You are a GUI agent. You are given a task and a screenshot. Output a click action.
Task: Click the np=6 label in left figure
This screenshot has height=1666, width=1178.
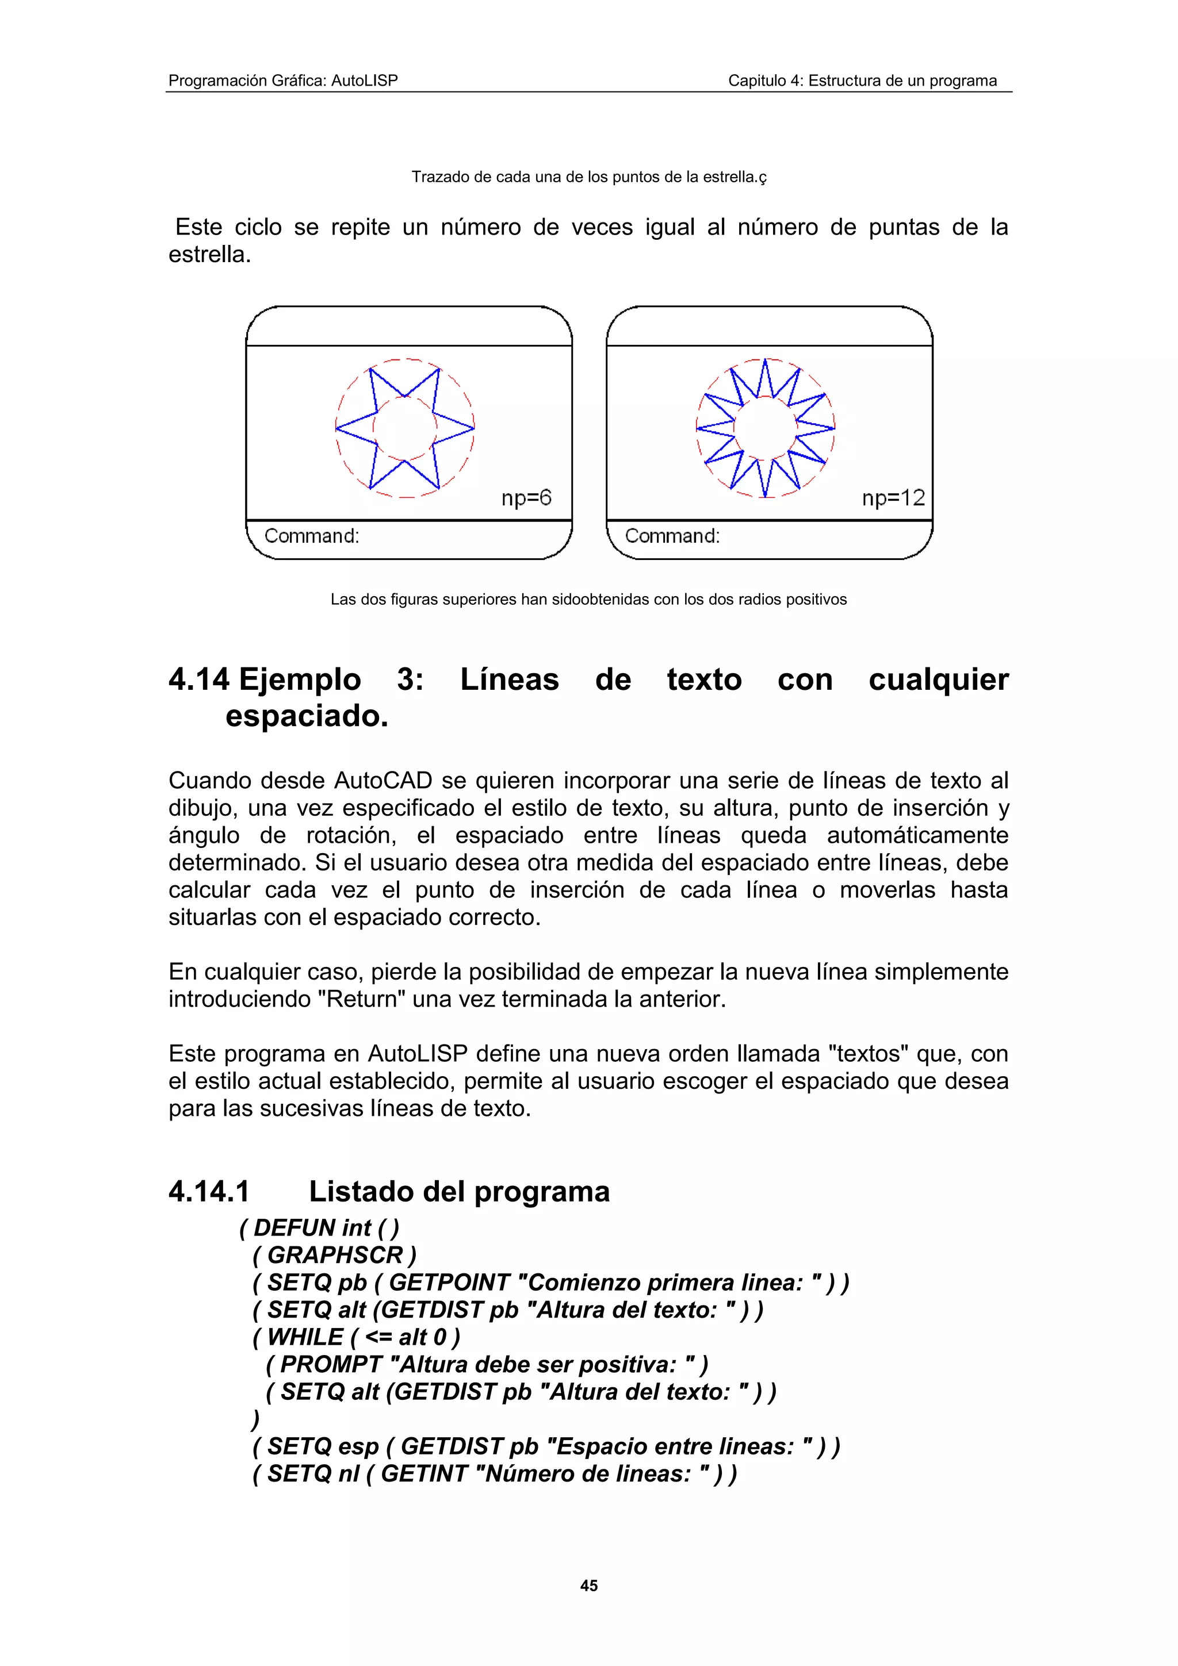click(x=526, y=498)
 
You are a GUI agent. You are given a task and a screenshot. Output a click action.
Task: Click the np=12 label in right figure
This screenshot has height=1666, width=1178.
click(x=893, y=498)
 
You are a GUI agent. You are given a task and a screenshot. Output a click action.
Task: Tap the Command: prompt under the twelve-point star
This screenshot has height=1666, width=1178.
click(x=672, y=536)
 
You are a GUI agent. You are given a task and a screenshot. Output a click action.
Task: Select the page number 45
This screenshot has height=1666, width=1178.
click(x=588, y=1586)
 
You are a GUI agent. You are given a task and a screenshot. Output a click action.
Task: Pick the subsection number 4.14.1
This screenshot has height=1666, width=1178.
click(x=209, y=1192)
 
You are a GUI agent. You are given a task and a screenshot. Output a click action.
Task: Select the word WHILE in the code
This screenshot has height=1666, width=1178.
click(x=305, y=1337)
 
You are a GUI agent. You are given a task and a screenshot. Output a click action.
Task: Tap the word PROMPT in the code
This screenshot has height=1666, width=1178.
click(x=331, y=1365)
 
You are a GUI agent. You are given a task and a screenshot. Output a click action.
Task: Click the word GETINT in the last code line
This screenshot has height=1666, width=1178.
click(x=424, y=1474)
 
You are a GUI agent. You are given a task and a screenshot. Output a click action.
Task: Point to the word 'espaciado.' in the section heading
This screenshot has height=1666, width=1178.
click(x=307, y=717)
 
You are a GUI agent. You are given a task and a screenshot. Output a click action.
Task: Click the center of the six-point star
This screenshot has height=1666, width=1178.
click(x=405, y=428)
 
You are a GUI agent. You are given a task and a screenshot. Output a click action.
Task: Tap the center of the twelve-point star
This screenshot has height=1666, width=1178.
click(x=766, y=428)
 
